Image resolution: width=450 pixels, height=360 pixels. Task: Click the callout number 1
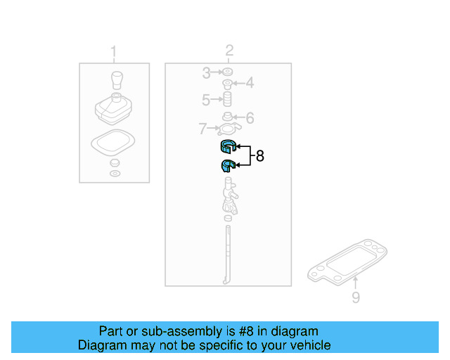click(114, 51)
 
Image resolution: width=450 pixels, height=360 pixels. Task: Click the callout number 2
click(229, 50)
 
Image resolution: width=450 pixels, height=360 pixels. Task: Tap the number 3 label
click(206, 72)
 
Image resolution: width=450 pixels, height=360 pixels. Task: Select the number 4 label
click(249, 84)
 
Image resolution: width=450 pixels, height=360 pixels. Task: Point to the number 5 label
click(206, 100)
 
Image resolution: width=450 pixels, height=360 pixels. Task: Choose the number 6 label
click(249, 118)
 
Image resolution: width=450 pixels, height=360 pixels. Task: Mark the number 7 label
click(202, 129)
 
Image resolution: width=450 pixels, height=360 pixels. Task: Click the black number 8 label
click(260, 156)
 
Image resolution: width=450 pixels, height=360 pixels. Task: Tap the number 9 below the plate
click(356, 298)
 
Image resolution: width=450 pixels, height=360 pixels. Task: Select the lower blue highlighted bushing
click(226, 166)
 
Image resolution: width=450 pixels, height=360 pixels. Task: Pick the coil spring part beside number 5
click(228, 99)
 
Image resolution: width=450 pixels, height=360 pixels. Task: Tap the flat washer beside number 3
click(228, 72)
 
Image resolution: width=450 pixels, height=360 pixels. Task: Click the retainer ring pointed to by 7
click(228, 129)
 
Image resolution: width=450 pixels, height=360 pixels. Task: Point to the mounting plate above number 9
click(349, 263)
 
